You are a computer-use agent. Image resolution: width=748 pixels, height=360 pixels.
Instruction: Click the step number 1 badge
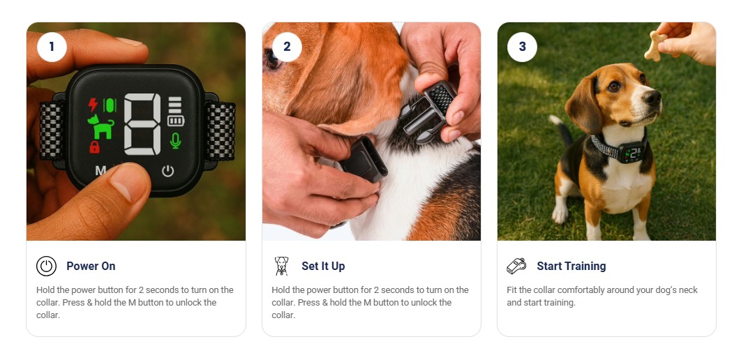pos(52,47)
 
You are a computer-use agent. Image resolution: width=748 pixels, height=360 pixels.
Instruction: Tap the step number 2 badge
pos(287,47)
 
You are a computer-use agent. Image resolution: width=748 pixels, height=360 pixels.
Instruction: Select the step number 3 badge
pos(522,47)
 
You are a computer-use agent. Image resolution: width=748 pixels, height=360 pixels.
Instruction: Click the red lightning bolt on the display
pos(93,105)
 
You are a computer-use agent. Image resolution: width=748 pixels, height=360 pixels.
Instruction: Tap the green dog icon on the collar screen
pos(101,126)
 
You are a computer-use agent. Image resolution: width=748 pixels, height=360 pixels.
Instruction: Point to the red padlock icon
pos(94,147)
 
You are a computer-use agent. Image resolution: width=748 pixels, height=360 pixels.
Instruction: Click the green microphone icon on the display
pos(176,141)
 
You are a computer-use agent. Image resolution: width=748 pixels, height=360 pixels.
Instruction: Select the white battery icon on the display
pos(176,121)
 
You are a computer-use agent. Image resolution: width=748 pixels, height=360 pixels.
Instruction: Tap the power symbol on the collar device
pos(167,171)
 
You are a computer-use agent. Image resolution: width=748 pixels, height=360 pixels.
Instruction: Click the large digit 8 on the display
pos(142,124)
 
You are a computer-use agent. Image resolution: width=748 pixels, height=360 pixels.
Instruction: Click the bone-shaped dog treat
pos(656,46)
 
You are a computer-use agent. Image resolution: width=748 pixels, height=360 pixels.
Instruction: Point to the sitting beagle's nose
pos(652,98)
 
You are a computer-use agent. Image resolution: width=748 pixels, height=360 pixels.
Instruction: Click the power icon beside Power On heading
pos(46,266)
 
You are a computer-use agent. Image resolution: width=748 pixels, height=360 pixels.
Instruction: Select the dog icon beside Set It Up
pos(281,266)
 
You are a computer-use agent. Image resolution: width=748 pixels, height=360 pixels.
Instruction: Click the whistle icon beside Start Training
pos(516,266)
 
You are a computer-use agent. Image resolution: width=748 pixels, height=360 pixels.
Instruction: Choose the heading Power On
pos(91,266)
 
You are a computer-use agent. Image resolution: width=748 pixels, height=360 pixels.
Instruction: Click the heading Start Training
pos(571,266)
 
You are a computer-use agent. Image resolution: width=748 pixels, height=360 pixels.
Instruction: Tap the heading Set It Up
pos(323,266)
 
